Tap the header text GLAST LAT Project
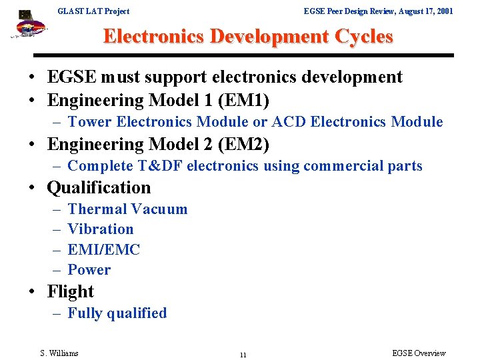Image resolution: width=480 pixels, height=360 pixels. tap(93, 11)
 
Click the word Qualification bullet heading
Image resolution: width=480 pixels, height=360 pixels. tap(99, 187)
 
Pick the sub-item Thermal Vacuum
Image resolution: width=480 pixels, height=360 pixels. tap(127, 209)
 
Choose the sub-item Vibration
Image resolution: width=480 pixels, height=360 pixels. tap(100, 229)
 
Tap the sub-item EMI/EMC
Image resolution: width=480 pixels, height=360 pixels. tap(104, 250)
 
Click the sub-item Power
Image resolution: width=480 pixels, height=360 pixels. tap(89, 270)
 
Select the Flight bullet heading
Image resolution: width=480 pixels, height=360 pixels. tap(70, 291)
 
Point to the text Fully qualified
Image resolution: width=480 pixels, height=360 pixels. tap(117, 313)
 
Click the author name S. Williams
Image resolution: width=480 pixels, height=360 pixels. tap(59, 353)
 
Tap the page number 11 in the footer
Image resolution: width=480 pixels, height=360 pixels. tap(243, 355)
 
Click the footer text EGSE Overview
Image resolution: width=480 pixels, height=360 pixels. tap(419, 353)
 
